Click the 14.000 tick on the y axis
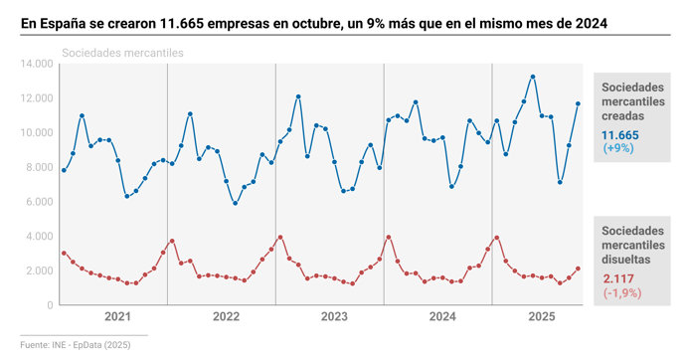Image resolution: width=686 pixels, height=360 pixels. pyautogui.click(x=35, y=64)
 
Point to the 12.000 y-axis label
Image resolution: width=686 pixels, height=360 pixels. pyautogui.click(x=35, y=98)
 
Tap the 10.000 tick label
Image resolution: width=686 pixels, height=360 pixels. pyautogui.click(x=35, y=132)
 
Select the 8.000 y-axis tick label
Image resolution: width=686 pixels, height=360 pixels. pyautogui.click(x=38, y=167)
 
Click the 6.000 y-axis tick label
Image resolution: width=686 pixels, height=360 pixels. pyautogui.click(x=38, y=202)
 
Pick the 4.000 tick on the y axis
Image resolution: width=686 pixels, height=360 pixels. pyautogui.click(x=38, y=236)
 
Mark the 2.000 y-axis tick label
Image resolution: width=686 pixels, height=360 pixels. pyautogui.click(x=38, y=270)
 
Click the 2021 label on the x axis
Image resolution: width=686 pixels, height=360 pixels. pyautogui.click(x=117, y=317)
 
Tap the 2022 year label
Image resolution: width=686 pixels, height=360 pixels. pyautogui.click(x=226, y=317)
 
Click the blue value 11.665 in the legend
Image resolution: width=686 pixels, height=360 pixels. pyautogui.click(x=620, y=134)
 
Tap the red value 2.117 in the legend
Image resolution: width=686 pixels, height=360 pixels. pyautogui.click(x=616, y=278)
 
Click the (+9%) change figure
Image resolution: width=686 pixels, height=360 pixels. pyautogui.click(x=618, y=148)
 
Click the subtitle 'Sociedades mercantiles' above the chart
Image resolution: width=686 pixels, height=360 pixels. pyautogui.click(x=122, y=53)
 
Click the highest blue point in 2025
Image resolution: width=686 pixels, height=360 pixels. pyautogui.click(x=533, y=77)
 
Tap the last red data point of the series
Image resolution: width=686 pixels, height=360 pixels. pyautogui.click(x=579, y=269)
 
